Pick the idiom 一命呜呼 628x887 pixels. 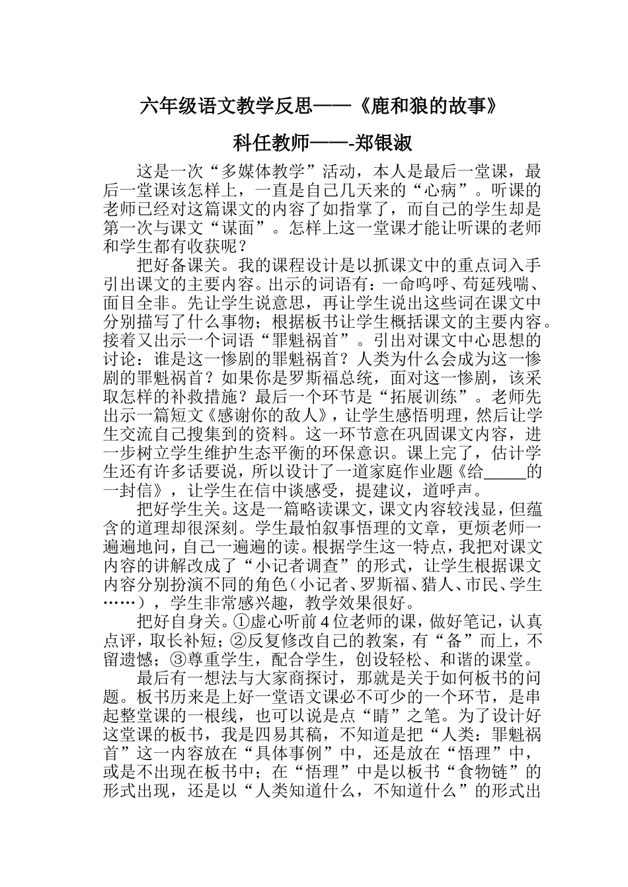point(418,285)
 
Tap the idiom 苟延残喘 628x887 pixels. point(502,285)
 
